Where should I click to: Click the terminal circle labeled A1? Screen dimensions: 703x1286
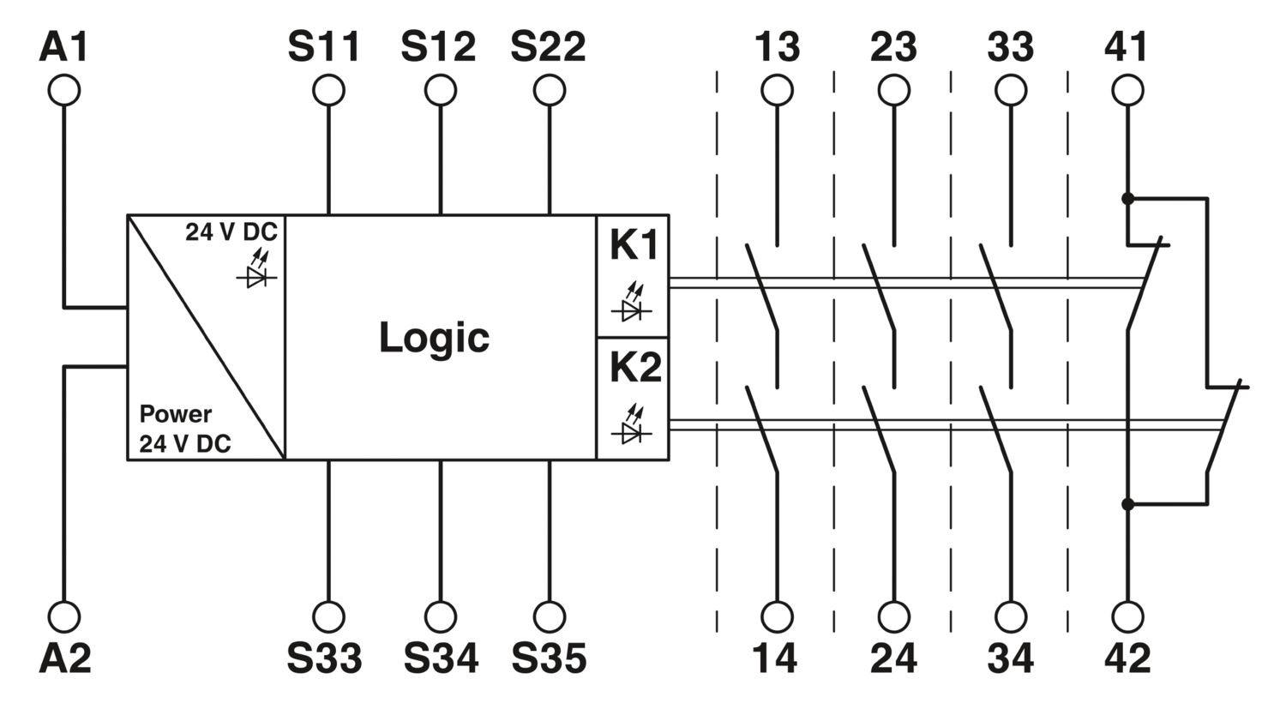[x=63, y=90]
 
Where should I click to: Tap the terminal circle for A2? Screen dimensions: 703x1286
[x=63, y=616]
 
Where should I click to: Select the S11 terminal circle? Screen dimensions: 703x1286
[x=328, y=90]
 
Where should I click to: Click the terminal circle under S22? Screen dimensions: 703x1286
[x=549, y=90]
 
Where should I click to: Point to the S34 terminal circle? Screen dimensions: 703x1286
[x=440, y=616]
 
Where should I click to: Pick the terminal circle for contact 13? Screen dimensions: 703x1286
[x=777, y=90]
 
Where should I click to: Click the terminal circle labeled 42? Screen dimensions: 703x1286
[x=1127, y=616]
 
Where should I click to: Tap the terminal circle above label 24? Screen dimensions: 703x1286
[x=893, y=616]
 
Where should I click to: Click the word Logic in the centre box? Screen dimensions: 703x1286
[x=434, y=337]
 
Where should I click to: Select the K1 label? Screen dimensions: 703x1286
[x=634, y=246]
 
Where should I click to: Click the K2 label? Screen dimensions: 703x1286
[x=634, y=368]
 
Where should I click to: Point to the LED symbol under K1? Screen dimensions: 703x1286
[x=633, y=305]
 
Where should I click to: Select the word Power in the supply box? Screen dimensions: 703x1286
[x=175, y=414]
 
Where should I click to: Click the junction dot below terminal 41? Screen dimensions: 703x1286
[x=1127, y=198]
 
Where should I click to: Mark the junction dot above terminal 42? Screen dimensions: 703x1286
[x=1127, y=504]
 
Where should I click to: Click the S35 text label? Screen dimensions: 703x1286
[x=549, y=658]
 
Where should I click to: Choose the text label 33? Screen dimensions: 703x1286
[x=1010, y=47]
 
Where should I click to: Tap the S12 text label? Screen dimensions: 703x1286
[x=438, y=47]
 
